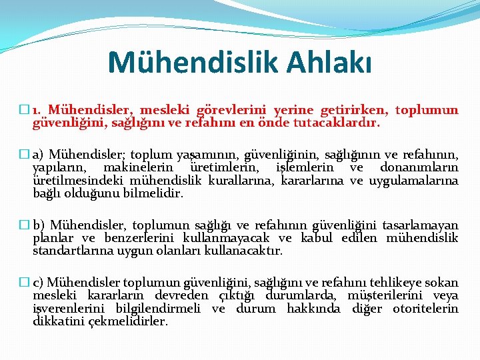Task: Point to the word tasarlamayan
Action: (x=421, y=225)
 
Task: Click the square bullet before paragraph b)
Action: (x=26, y=225)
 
